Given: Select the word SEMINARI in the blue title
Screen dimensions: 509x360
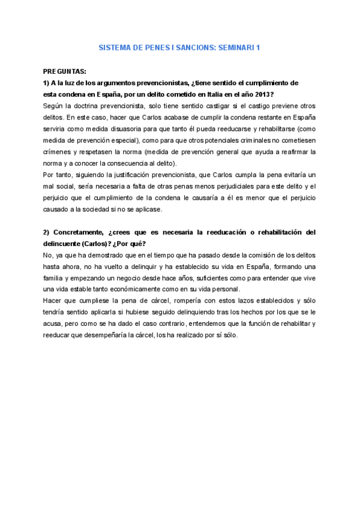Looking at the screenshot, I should (233, 47).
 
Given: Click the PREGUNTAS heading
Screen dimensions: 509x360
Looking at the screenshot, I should (64, 71).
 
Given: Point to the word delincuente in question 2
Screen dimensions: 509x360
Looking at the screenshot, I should (64, 244).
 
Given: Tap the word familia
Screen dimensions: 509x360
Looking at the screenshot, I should (55, 279).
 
